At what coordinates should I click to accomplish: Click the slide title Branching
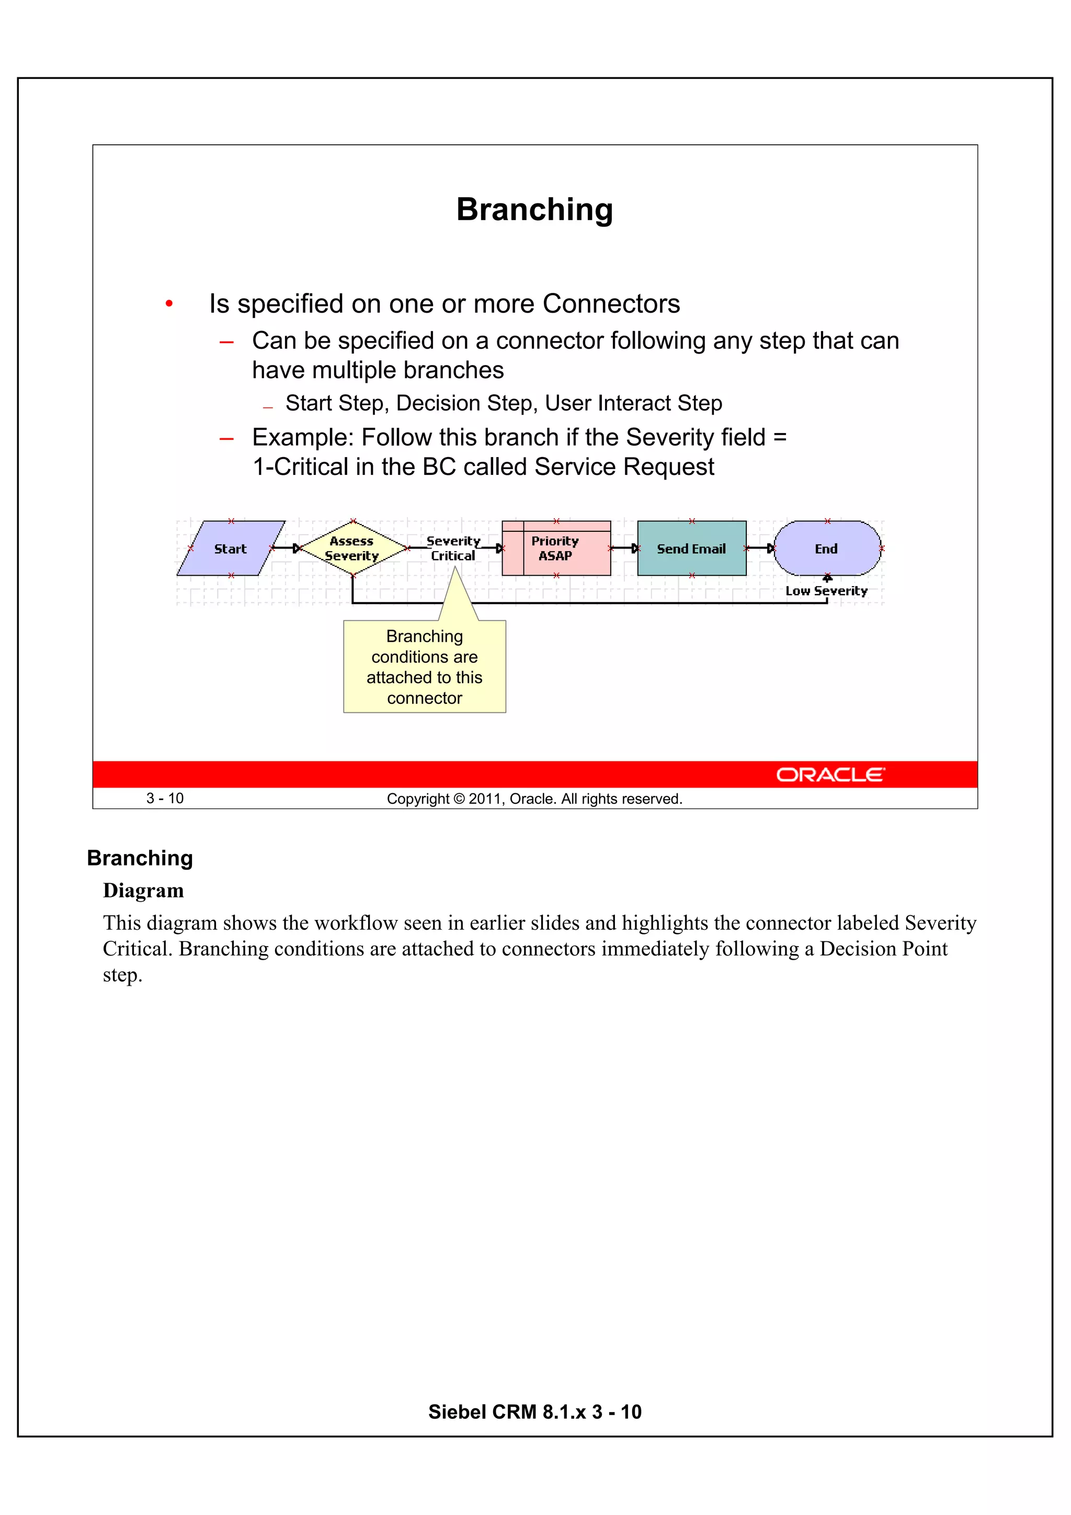(x=534, y=210)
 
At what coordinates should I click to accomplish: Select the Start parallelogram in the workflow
(x=230, y=549)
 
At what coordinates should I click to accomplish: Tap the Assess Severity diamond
(x=352, y=549)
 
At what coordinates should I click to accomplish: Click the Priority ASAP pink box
(x=555, y=549)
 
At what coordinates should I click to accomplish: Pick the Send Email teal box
(x=691, y=549)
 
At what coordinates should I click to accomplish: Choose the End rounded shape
(x=826, y=549)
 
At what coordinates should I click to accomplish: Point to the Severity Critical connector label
(x=453, y=549)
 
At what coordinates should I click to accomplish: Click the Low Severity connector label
(x=826, y=591)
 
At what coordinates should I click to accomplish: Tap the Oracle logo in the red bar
(x=830, y=774)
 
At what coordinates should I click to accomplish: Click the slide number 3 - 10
(x=165, y=799)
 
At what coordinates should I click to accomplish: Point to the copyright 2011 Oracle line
(x=534, y=799)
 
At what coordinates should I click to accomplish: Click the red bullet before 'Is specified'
(x=169, y=303)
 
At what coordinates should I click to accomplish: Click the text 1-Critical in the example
(x=300, y=467)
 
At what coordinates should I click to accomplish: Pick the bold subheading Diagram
(x=143, y=891)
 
